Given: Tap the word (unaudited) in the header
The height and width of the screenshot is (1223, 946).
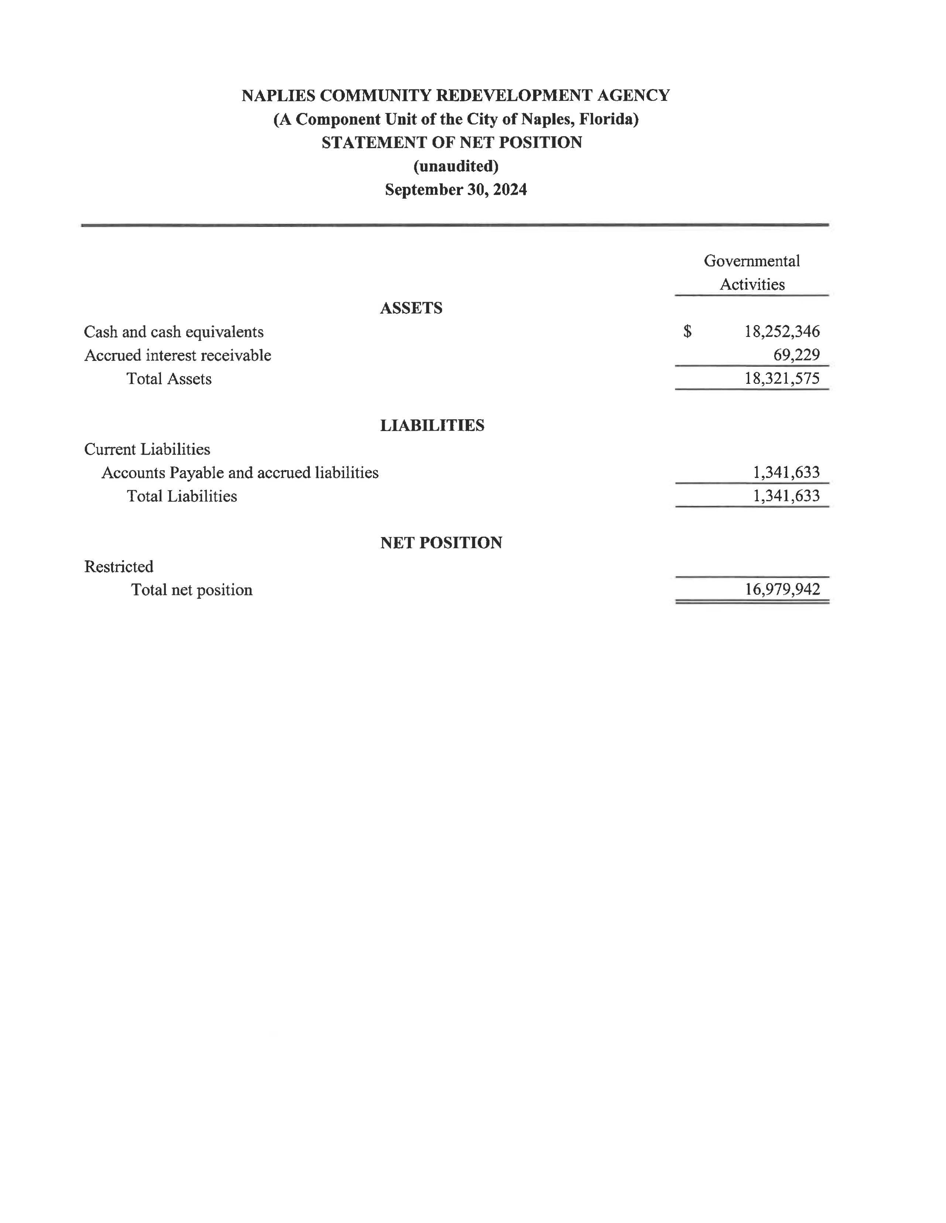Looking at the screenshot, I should (456, 166).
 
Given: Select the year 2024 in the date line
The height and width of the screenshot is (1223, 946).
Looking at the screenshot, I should (510, 190).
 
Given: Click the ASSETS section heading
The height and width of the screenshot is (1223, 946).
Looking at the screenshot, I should (411, 308).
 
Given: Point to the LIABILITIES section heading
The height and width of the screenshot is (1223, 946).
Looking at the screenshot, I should (432, 426).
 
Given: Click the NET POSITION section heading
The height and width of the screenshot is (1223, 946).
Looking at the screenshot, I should (441, 543).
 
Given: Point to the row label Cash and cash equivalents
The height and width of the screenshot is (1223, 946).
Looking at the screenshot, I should (174, 332).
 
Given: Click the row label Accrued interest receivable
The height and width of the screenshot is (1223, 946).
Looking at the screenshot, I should (178, 356).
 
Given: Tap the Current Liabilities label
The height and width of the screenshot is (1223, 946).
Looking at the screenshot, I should (147, 449).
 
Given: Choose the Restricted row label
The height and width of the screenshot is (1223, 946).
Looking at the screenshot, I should (119, 567).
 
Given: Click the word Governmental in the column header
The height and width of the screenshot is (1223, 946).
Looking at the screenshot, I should (752, 261).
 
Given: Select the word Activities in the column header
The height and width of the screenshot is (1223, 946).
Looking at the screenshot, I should (752, 284).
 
